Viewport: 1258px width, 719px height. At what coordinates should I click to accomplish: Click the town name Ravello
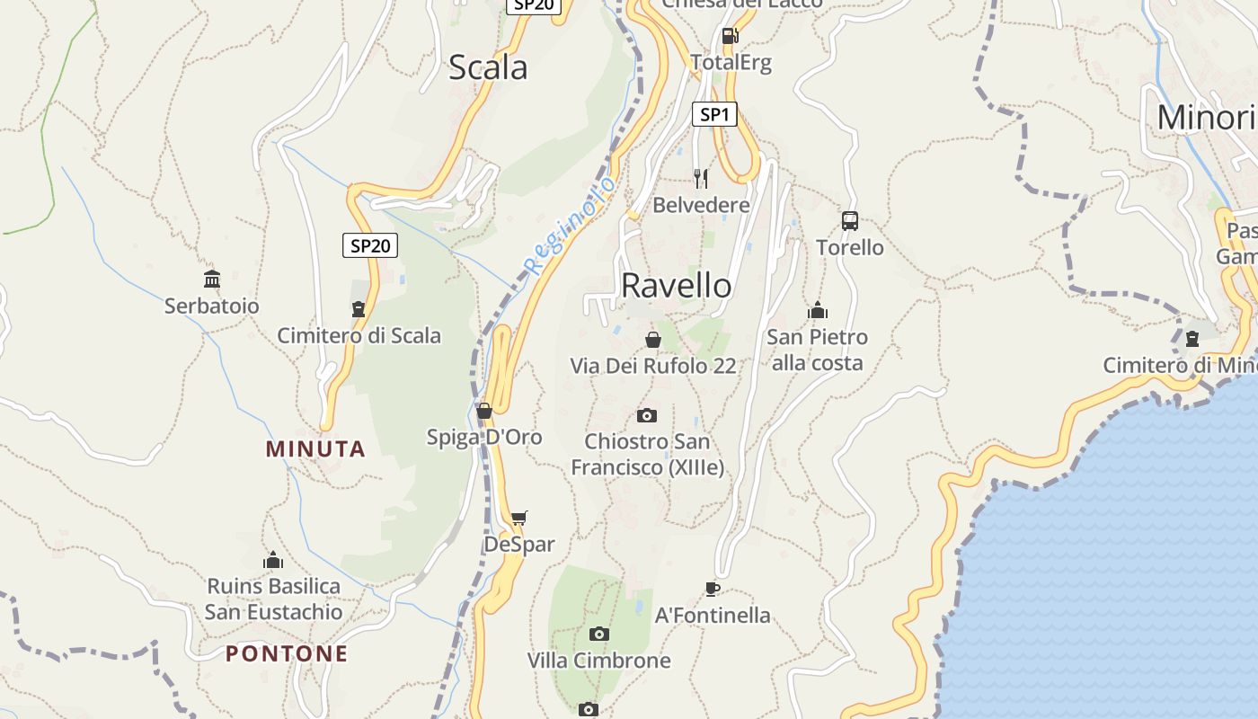coord(676,286)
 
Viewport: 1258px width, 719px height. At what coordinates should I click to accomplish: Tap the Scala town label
coord(488,67)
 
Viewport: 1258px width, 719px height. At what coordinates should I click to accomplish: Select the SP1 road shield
coord(714,114)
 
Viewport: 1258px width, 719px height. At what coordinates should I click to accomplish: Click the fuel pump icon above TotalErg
coord(730,37)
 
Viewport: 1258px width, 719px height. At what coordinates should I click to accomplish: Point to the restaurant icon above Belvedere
coord(701,178)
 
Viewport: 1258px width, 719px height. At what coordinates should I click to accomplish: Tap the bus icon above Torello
coord(849,220)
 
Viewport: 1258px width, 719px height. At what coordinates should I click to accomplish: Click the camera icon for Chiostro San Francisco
coord(646,415)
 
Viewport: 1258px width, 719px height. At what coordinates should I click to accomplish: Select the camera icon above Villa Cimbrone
coord(598,635)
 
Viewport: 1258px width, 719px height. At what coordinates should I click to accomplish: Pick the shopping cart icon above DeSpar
coord(518,518)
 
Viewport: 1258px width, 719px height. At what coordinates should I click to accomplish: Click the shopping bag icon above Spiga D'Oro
coord(484,411)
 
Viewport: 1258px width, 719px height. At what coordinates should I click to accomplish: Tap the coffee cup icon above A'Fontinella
coord(712,589)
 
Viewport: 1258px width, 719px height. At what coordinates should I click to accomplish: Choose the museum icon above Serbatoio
coord(212,280)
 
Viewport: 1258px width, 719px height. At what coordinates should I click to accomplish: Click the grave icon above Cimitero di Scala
coord(359,309)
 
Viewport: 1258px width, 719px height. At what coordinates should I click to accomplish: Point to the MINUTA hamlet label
coord(315,449)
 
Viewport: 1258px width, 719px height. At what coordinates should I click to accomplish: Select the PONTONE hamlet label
coord(287,653)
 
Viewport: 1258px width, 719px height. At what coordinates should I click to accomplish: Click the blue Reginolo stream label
coord(571,225)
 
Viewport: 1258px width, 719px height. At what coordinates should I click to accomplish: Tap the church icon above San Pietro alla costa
coord(817,311)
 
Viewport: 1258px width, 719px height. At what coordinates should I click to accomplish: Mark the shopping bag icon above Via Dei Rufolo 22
coord(653,340)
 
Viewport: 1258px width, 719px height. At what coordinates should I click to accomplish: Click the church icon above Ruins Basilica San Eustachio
coord(273,561)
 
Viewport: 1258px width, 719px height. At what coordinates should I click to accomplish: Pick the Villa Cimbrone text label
coord(598,661)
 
